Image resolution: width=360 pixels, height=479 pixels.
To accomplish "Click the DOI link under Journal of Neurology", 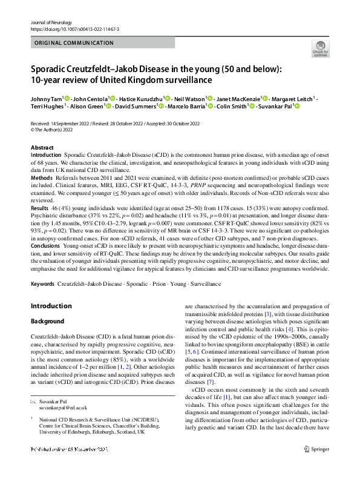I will [74, 29].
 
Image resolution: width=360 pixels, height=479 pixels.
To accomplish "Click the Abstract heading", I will [42, 148].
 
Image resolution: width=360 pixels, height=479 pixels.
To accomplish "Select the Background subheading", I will [48, 320].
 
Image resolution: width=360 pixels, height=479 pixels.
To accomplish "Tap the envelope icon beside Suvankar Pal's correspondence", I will [33, 401].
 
